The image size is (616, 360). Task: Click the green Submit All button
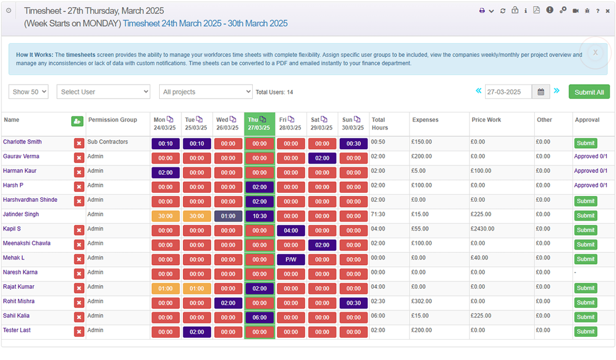[589, 92]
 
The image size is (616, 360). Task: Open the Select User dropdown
[103, 92]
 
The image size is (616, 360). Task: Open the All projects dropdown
[206, 92]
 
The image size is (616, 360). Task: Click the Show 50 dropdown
[28, 92]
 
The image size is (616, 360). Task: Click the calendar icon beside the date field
[541, 92]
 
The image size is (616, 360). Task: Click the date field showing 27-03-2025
[508, 92]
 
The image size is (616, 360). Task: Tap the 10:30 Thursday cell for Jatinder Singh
[260, 216]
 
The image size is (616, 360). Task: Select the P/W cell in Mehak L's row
[291, 260]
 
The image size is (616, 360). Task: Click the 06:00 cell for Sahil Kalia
[260, 317]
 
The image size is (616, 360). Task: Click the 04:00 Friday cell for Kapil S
[291, 231]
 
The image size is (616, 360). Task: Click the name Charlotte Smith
[22, 142]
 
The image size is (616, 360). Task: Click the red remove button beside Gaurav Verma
[79, 158]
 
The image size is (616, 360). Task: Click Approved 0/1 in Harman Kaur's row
[590, 171]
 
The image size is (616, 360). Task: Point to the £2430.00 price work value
[483, 229]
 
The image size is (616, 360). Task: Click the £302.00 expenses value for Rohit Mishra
[422, 301]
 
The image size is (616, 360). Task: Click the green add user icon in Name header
[77, 121]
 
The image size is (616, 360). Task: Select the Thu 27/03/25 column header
[259, 124]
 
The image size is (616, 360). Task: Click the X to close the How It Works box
[595, 53]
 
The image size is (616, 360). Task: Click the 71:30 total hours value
[378, 214]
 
